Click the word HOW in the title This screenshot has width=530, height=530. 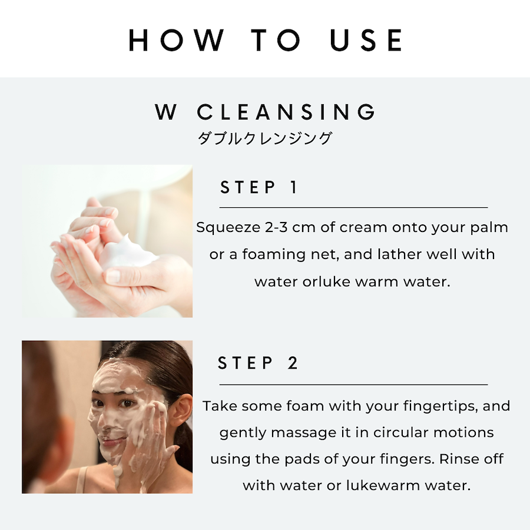tap(176, 40)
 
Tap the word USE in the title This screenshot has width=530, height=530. tap(366, 40)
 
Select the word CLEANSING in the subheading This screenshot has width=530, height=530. tap(286, 112)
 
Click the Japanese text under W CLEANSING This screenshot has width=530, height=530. tap(264, 138)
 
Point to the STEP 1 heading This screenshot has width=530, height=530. tap(259, 187)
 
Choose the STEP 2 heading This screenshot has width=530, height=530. tap(257, 363)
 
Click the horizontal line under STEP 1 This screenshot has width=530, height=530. tap(353, 207)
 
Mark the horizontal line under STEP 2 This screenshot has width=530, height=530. tap(353, 385)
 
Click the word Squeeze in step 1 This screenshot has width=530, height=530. tap(228, 228)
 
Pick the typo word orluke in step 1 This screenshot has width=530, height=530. tap(326, 281)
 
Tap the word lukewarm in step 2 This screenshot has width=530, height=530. tap(383, 485)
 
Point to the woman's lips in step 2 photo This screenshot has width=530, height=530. tap(113, 441)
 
